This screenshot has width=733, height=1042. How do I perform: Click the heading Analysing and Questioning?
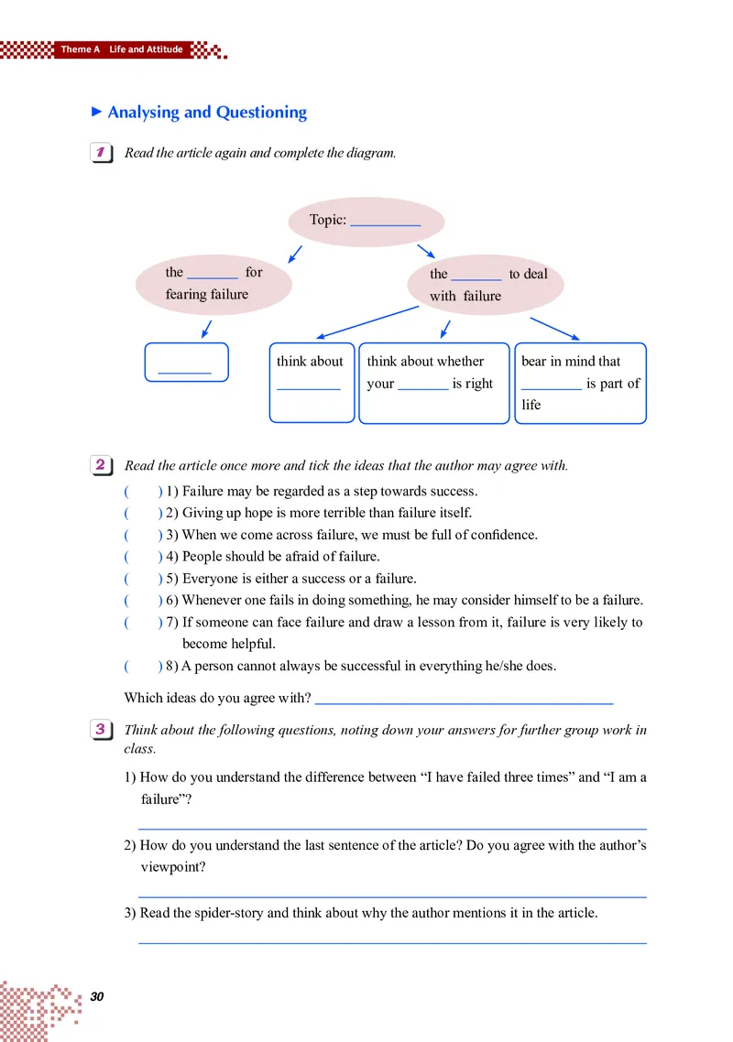(206, 113)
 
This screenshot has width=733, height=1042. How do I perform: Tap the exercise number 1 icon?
(102, 153)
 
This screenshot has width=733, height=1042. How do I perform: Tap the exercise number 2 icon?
(102, 465)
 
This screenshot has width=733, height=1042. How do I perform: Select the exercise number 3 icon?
(102, 730)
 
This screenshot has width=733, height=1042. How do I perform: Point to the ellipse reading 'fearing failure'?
(213, 284)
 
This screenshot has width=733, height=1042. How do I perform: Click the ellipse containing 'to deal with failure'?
(486, 285)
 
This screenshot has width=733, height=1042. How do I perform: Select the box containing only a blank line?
(186, 363)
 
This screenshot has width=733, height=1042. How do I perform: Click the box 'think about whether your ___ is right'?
(432, 383)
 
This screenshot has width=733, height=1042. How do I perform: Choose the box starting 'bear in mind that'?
(582, 383)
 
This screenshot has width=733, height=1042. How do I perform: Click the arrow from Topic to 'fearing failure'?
(294, 253)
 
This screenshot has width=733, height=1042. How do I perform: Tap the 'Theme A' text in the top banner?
(81, 49)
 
